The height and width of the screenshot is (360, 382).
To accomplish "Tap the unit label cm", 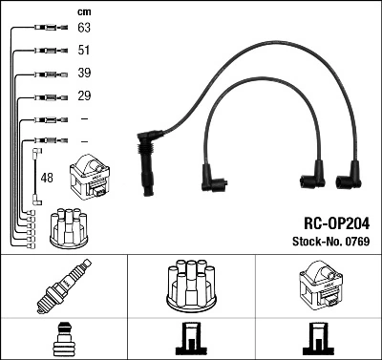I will tap(83, 11).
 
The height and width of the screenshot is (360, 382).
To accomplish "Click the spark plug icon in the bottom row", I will tap(63, 286).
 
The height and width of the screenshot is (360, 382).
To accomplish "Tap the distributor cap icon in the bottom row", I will tap(190, 284).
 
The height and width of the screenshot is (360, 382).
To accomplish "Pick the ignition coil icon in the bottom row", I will tap(317, 285).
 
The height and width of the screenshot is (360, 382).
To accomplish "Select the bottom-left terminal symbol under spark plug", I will tap(63, 340).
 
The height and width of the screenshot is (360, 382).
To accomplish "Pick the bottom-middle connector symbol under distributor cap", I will tap(190, 340).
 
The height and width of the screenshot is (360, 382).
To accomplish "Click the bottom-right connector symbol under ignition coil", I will tap(317, 340).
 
